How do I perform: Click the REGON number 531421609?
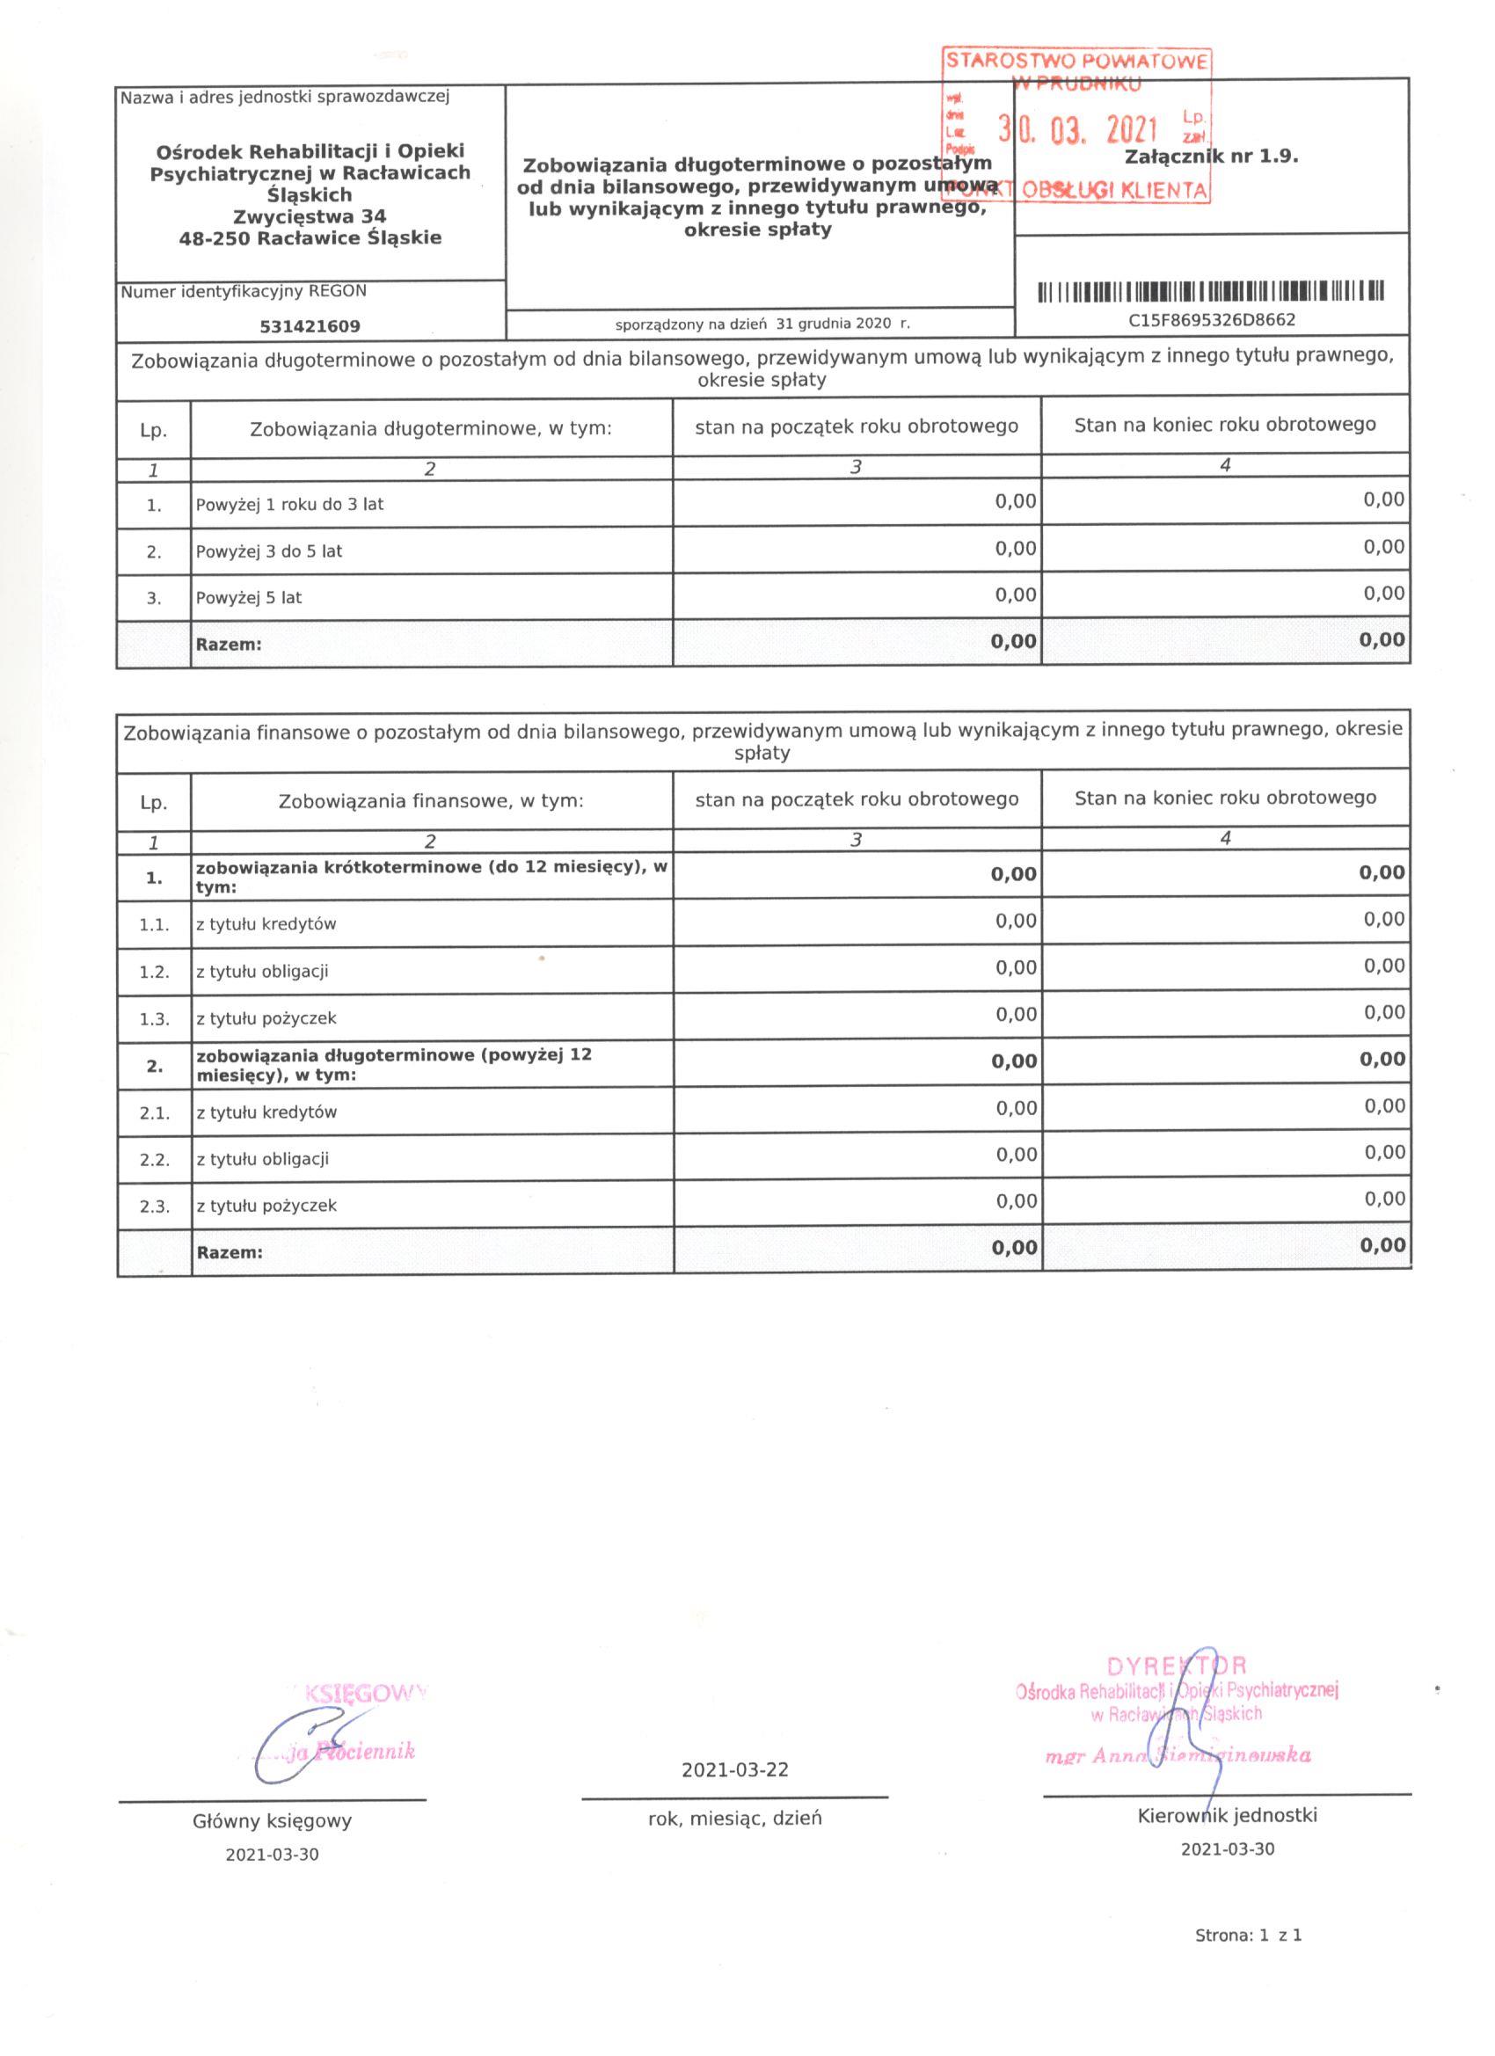click(310, 326)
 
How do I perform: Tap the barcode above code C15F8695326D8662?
click(1211, 292)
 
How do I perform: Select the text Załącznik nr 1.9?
click(1211, 156)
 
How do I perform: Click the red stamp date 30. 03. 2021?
click(1078, 130)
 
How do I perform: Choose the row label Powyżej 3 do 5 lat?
click(268, 551)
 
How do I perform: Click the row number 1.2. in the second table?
click(154, 972)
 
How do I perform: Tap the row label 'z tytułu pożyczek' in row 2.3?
click(266, 1206)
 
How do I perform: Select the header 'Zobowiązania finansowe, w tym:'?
click(431, 801)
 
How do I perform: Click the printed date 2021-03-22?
click(735, 1770)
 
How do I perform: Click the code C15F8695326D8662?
click(1211, 320)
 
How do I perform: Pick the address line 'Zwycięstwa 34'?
click(310, 216)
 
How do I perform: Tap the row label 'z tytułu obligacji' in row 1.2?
click(262, 972)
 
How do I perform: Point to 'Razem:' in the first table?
click(229, 645)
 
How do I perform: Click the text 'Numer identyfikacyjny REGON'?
click(244, 292)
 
